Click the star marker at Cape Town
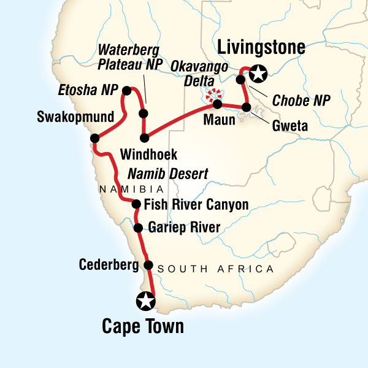coord(145,301)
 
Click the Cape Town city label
coord(142,326)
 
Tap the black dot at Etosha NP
coord(126,91)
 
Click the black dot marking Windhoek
coord(144,137)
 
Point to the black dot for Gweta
coord(247,108)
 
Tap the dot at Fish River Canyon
coord(136,205)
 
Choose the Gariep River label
coord(184,229)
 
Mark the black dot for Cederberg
coord(148,265)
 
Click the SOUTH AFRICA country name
coord(215,269)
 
